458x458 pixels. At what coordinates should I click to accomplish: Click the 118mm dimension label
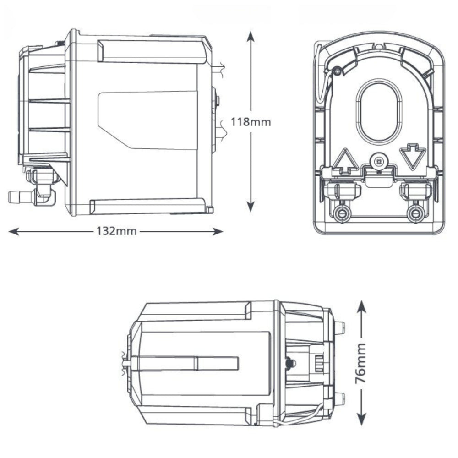251,122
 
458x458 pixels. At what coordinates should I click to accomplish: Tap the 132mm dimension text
116,231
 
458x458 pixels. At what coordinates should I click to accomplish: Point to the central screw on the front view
378,161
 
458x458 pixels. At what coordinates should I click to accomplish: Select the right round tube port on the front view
415,213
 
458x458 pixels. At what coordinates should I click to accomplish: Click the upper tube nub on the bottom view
339,327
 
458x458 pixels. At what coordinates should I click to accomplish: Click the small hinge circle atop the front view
338,71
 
